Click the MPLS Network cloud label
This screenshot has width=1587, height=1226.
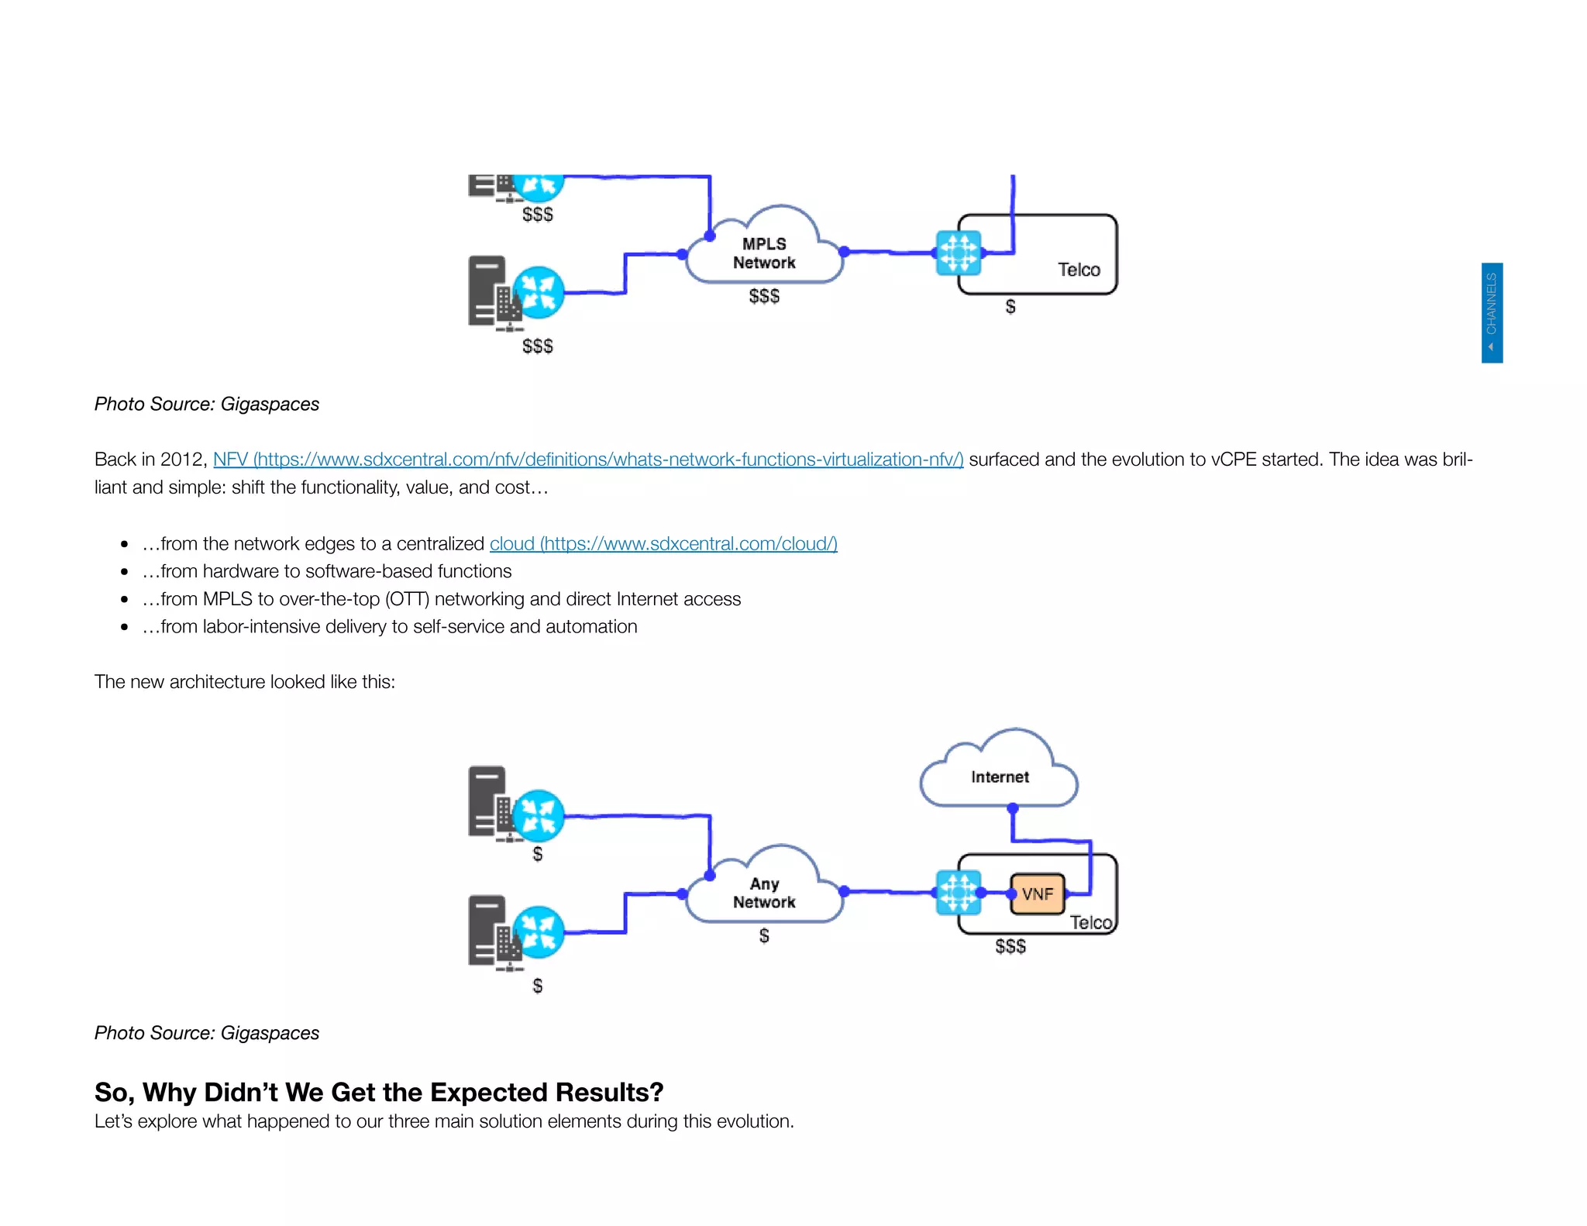pos(764,253)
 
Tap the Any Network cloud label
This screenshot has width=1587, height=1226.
pos(764,893)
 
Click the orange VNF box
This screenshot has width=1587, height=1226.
pos(1038,894)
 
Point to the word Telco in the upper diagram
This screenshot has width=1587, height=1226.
pos(1079,270)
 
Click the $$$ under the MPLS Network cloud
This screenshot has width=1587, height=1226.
pos(764,296)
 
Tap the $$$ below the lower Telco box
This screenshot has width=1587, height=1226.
pos(1010,946)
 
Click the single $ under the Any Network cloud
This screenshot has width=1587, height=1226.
pos(764,936)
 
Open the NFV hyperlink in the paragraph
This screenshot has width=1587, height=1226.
pos(587,460)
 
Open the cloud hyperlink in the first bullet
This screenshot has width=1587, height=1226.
pos(663,544)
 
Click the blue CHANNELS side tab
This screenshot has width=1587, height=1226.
pos(1492,312)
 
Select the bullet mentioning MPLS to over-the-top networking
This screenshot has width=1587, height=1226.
pos(442,599)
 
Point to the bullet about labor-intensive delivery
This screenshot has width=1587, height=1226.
pos(390,627)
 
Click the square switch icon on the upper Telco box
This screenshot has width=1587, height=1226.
pos(959,253)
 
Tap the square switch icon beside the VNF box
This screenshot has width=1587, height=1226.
pos(959,893)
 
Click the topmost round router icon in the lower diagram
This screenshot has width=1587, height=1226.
pos(539,815)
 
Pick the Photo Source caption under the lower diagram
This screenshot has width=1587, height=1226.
pos(207,1033)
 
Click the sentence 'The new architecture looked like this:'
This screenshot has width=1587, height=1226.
pos(245,682)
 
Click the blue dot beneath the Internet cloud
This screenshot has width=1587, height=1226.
pos(1012,808)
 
